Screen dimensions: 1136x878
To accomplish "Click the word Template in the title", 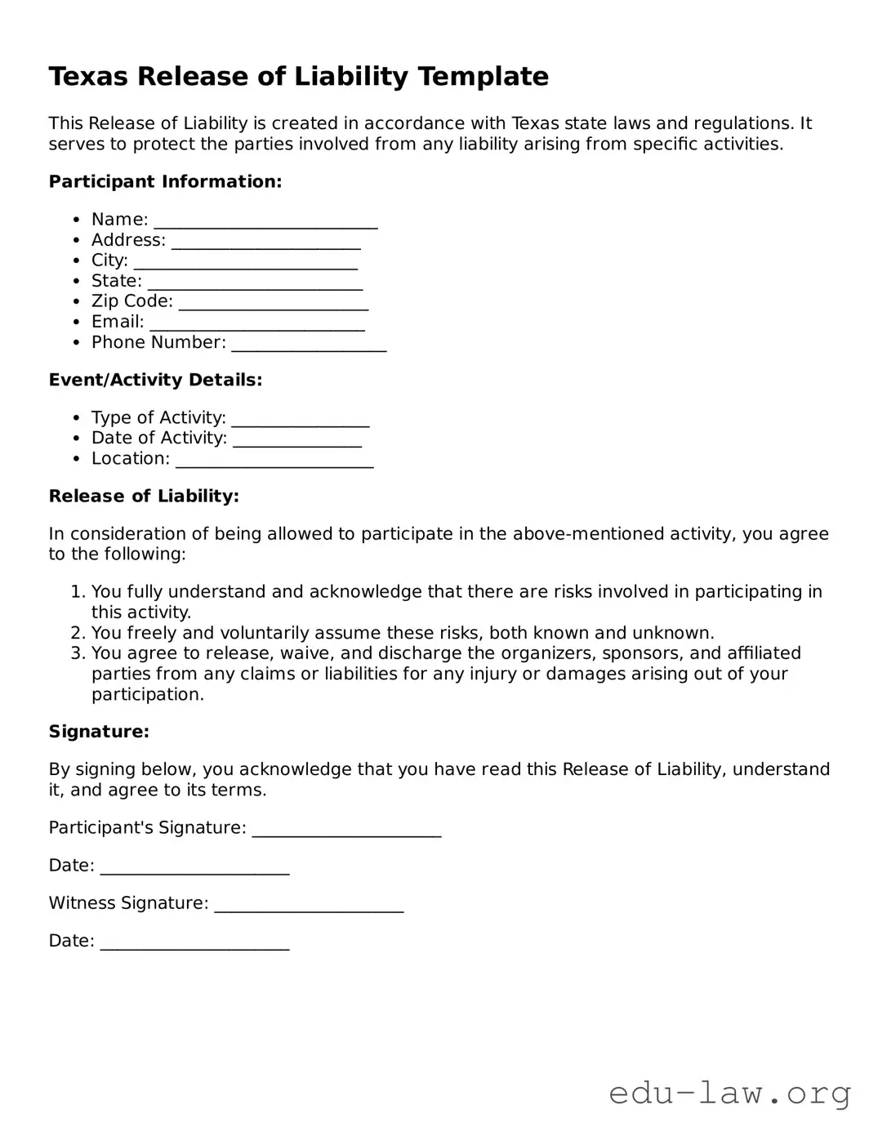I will [483, 76].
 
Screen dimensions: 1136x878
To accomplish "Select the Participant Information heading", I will [165, 181].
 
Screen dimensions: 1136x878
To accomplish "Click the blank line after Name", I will [265, 221].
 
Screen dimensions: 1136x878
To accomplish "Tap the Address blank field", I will [265, 241].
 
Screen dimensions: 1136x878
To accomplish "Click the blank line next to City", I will [245, 261].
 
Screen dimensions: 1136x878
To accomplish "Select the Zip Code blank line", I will [274, 302].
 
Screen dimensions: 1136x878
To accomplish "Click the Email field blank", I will [256, 323].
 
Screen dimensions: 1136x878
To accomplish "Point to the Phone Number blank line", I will [309, 343].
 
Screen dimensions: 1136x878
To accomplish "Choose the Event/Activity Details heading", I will [155, 380].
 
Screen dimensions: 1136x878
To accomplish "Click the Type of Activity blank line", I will [301, 418].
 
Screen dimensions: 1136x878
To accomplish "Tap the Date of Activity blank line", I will [296, 439].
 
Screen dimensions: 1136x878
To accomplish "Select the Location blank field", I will [274, 459].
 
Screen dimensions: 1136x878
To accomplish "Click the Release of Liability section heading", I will [144, 496].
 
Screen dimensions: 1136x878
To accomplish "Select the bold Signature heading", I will [99, 732].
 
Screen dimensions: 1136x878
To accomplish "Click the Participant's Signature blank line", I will [346, 829].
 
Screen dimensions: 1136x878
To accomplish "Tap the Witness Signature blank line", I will [309, 904].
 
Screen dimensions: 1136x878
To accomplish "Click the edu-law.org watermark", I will [729, 1092].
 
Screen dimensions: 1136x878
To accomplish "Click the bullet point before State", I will [76, 282].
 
